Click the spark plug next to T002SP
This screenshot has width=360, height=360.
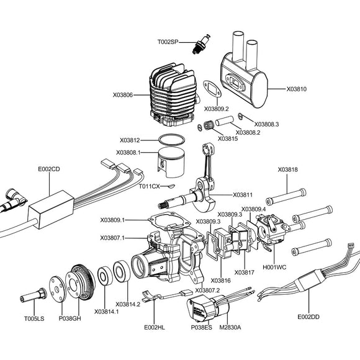(201, 44)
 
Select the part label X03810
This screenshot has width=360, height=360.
(296, 89)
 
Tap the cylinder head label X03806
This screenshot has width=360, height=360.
(123, 95)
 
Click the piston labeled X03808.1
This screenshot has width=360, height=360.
(171, 162)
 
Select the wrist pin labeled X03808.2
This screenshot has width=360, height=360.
(225, 121)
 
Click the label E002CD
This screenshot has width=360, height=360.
(49, 169)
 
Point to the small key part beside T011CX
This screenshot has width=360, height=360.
(171, 187)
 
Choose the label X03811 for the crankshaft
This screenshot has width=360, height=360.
(243, 195)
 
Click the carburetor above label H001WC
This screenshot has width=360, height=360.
(272, 230)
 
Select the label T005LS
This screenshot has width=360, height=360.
(34, 318)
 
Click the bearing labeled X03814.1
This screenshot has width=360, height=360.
(105, 276)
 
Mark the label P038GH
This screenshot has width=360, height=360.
(70, 318)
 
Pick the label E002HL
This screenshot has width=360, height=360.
(155, 327)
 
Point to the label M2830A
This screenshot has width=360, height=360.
(230, 327)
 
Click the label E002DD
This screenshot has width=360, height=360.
(308, 317)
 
